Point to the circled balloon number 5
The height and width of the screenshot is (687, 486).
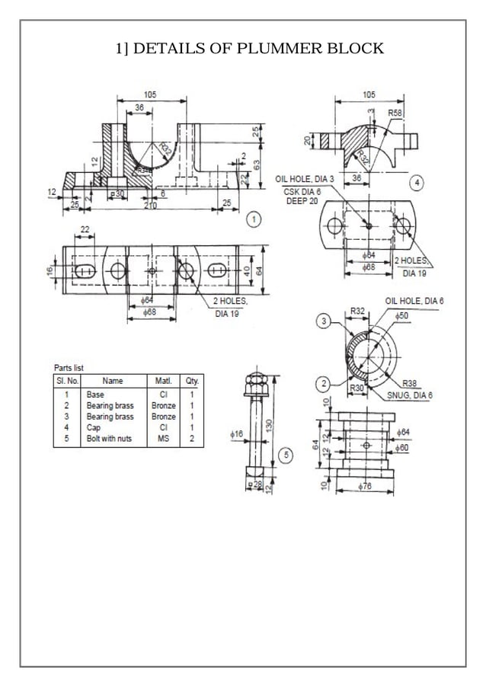click(286, 455)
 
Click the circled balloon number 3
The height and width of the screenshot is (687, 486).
click(324, 322)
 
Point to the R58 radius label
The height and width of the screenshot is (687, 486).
click(395, 112)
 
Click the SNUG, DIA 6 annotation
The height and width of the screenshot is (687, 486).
click(410, 395)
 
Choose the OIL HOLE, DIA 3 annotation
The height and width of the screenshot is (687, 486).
click(304, 178)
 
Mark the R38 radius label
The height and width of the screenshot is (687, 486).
click(410, 382)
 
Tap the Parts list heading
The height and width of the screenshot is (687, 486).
click(69, 368)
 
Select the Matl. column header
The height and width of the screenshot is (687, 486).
click(163, 380)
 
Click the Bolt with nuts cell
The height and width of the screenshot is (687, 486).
click(110, 439)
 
